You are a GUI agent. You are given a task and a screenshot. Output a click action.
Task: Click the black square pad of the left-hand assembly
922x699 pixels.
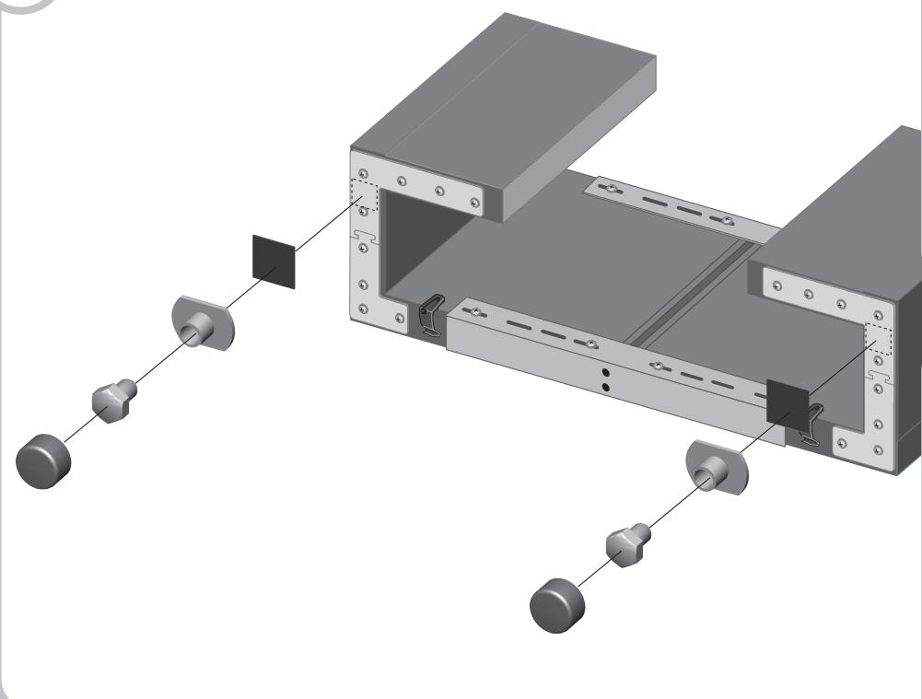pos(274,261)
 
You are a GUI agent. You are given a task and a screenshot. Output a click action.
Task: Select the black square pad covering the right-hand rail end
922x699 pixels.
pos(787,403)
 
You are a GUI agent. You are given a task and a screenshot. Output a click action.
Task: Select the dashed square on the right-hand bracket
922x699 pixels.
pos(881,340)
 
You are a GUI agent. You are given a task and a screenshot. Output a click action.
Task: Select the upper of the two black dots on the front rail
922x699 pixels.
pos(604,372)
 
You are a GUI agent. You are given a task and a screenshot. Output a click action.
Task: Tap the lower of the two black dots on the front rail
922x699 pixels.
pos(604,387)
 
